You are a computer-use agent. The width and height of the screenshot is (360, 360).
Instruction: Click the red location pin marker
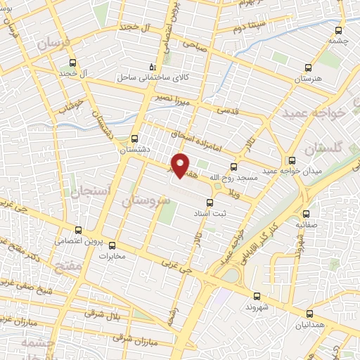pos(181,165)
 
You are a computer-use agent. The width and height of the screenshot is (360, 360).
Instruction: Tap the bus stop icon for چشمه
pos(340,30)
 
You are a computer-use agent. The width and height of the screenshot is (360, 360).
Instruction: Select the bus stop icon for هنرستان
pos(308,68)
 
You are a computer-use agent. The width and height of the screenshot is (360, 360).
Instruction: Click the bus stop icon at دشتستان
pos(135,139)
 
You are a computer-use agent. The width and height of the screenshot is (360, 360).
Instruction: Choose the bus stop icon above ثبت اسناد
pos(210,202)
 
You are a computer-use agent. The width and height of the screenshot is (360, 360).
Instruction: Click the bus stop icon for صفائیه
pos(306,214)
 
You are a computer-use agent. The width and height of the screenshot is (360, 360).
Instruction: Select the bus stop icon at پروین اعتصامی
pos(79,230)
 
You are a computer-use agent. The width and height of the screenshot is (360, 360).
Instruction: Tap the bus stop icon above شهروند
pos(256,296)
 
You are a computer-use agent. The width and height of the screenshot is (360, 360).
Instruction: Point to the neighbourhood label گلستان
pos(324,150)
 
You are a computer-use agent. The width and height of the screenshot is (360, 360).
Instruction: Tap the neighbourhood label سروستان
pos(146,201)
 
